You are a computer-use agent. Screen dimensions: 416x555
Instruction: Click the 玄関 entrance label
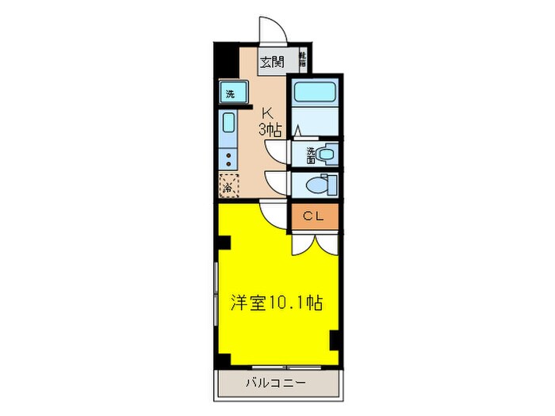tap(271, 61)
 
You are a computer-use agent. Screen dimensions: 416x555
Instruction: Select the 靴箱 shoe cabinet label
tap(302, 59)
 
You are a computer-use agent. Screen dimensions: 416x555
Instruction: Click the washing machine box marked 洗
tap(230, 93)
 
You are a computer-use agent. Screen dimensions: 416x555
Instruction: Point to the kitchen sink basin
tap(228, 124)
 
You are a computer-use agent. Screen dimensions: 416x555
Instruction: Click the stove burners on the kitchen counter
tap(228, 155)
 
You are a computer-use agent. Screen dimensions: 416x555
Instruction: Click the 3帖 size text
tap(270, 128)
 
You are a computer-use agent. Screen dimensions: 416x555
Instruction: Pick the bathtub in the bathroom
tap(315, 94)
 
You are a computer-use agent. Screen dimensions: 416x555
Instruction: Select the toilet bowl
tap(320, 185)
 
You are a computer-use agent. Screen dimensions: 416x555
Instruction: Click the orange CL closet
tap(315, 216)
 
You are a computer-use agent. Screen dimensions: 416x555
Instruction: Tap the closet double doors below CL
tap(315, 242)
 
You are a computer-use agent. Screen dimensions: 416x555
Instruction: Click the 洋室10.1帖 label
tap(276, 302)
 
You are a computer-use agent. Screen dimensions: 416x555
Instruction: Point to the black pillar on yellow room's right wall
tap(335, 339)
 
